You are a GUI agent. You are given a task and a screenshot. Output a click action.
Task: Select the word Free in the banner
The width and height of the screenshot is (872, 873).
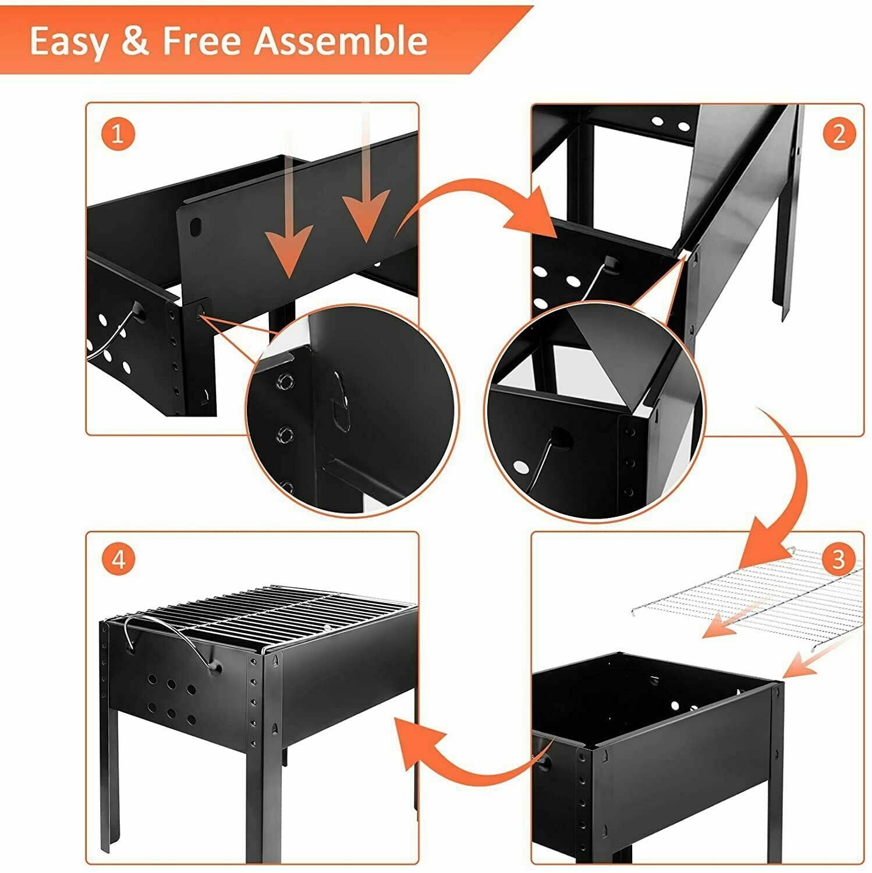201,40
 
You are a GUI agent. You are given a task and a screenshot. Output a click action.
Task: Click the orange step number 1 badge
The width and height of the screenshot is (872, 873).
118,134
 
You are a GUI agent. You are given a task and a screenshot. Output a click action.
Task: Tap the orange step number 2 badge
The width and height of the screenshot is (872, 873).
839,134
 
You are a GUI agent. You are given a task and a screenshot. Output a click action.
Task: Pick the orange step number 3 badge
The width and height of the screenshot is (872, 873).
839,559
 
